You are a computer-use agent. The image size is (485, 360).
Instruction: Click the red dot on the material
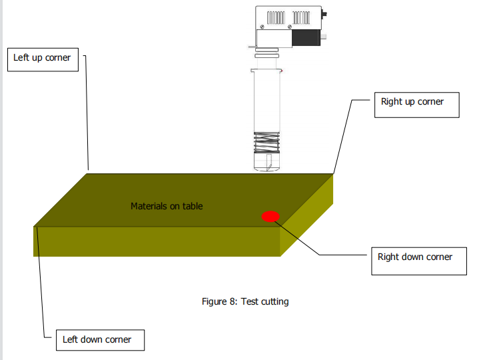tap(270, 216)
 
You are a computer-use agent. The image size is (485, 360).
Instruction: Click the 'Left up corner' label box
tap(42, 58)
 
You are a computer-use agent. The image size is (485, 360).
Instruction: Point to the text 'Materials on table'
tap(167, 206)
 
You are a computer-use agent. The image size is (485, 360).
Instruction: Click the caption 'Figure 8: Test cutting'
tap(245, 301)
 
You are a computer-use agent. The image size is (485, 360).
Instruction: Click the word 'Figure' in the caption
tap(215, 301)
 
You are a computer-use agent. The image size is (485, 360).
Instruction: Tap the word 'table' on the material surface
tap(192, 206)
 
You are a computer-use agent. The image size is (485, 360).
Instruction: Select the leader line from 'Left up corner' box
tap(87, 113)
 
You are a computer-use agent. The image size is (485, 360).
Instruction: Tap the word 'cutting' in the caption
tap(274, 301)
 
